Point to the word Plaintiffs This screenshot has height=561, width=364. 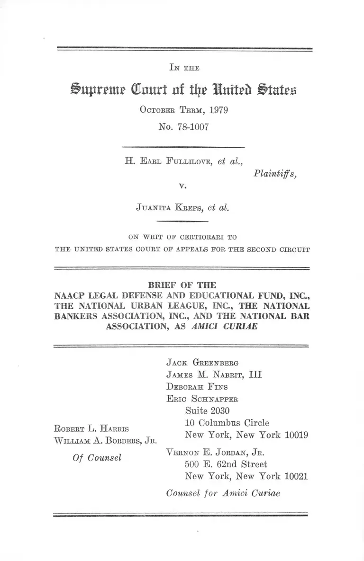click(x=275, y=174)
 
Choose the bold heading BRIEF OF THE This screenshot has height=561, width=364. click(x=182, y=285)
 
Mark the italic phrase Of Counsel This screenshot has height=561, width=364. click(x=97, y=458)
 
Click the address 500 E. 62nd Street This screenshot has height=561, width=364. click(x=226, y=464)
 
